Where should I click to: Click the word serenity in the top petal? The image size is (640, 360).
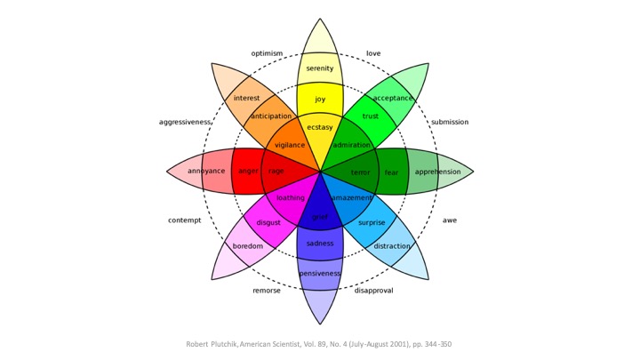click(320, 68)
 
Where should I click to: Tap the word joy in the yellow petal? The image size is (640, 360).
click(320, 99)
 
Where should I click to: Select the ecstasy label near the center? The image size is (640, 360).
click(320, 127)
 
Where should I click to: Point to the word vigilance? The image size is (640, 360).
click(290, 145)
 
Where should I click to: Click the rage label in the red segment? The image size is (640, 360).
click(276, 171)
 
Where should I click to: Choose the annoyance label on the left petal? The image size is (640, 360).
click(205, 171)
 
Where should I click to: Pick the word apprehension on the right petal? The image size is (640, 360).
click(437, 172)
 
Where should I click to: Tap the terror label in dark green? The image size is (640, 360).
click(360, 172)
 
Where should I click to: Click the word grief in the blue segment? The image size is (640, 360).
click(320, 216)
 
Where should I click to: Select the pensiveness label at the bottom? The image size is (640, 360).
click(320, 274)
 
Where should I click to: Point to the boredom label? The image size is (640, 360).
click(248, 246)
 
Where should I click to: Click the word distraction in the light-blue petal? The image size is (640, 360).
click(392, 246)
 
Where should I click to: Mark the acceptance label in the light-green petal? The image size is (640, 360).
click(393, 98)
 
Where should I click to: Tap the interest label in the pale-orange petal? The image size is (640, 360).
click(247, 98)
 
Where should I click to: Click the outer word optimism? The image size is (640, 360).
click(267, 53)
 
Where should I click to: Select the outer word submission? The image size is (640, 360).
click(450, 122)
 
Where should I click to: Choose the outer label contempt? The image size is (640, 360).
click(185, 220)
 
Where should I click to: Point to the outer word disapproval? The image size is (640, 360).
click(373, 291)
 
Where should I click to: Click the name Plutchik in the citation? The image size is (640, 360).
click(236, 343)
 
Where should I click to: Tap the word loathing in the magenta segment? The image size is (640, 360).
click(291, 198)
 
